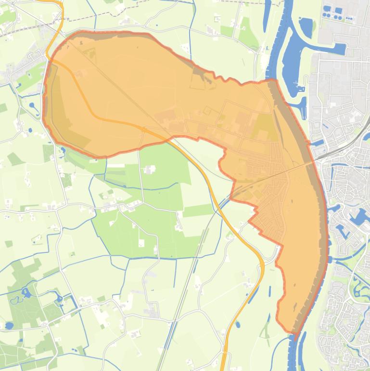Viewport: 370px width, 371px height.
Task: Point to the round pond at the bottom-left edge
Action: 9,326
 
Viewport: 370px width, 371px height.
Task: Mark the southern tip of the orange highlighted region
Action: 294,333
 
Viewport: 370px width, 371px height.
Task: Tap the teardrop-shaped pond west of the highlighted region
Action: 32,105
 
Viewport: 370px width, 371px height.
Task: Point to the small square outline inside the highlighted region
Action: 207,111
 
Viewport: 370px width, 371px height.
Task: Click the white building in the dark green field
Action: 150,169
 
